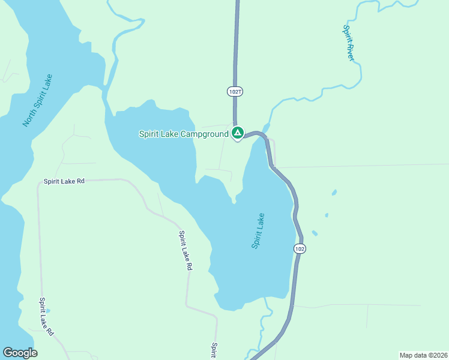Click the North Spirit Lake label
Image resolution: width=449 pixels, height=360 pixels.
(x=37, y=100)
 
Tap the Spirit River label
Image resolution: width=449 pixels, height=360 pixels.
(x=348, y=43)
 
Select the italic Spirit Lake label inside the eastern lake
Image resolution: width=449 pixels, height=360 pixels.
(x=258, y=231)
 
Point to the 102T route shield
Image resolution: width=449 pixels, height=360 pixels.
(x=235, y=91)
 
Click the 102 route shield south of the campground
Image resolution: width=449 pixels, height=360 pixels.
(x=300, y=248)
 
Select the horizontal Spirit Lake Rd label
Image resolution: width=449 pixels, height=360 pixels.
(x=64, y=181)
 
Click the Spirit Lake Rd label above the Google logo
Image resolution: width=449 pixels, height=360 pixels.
(x=47, y=316)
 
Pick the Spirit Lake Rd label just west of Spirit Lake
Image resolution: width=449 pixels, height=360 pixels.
(x=185, y=251)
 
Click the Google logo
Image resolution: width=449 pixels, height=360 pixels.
(x=20, y=353)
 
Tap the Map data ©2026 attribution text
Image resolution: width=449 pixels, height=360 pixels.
(x=423, y=355)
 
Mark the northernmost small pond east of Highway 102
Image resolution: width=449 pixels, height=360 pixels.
(x=334, y=193)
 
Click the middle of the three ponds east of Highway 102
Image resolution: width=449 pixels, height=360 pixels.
(x=327, y=215)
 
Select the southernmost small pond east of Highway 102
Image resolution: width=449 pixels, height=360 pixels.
(x=315, y=233)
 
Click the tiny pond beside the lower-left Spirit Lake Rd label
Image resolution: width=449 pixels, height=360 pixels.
(x=48, y=310)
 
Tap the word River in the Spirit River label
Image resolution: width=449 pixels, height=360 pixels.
(x=350, y=52)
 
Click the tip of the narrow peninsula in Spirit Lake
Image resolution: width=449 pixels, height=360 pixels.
(x=234, y=202)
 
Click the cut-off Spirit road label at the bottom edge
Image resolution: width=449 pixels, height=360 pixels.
(x=213, y=350)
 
